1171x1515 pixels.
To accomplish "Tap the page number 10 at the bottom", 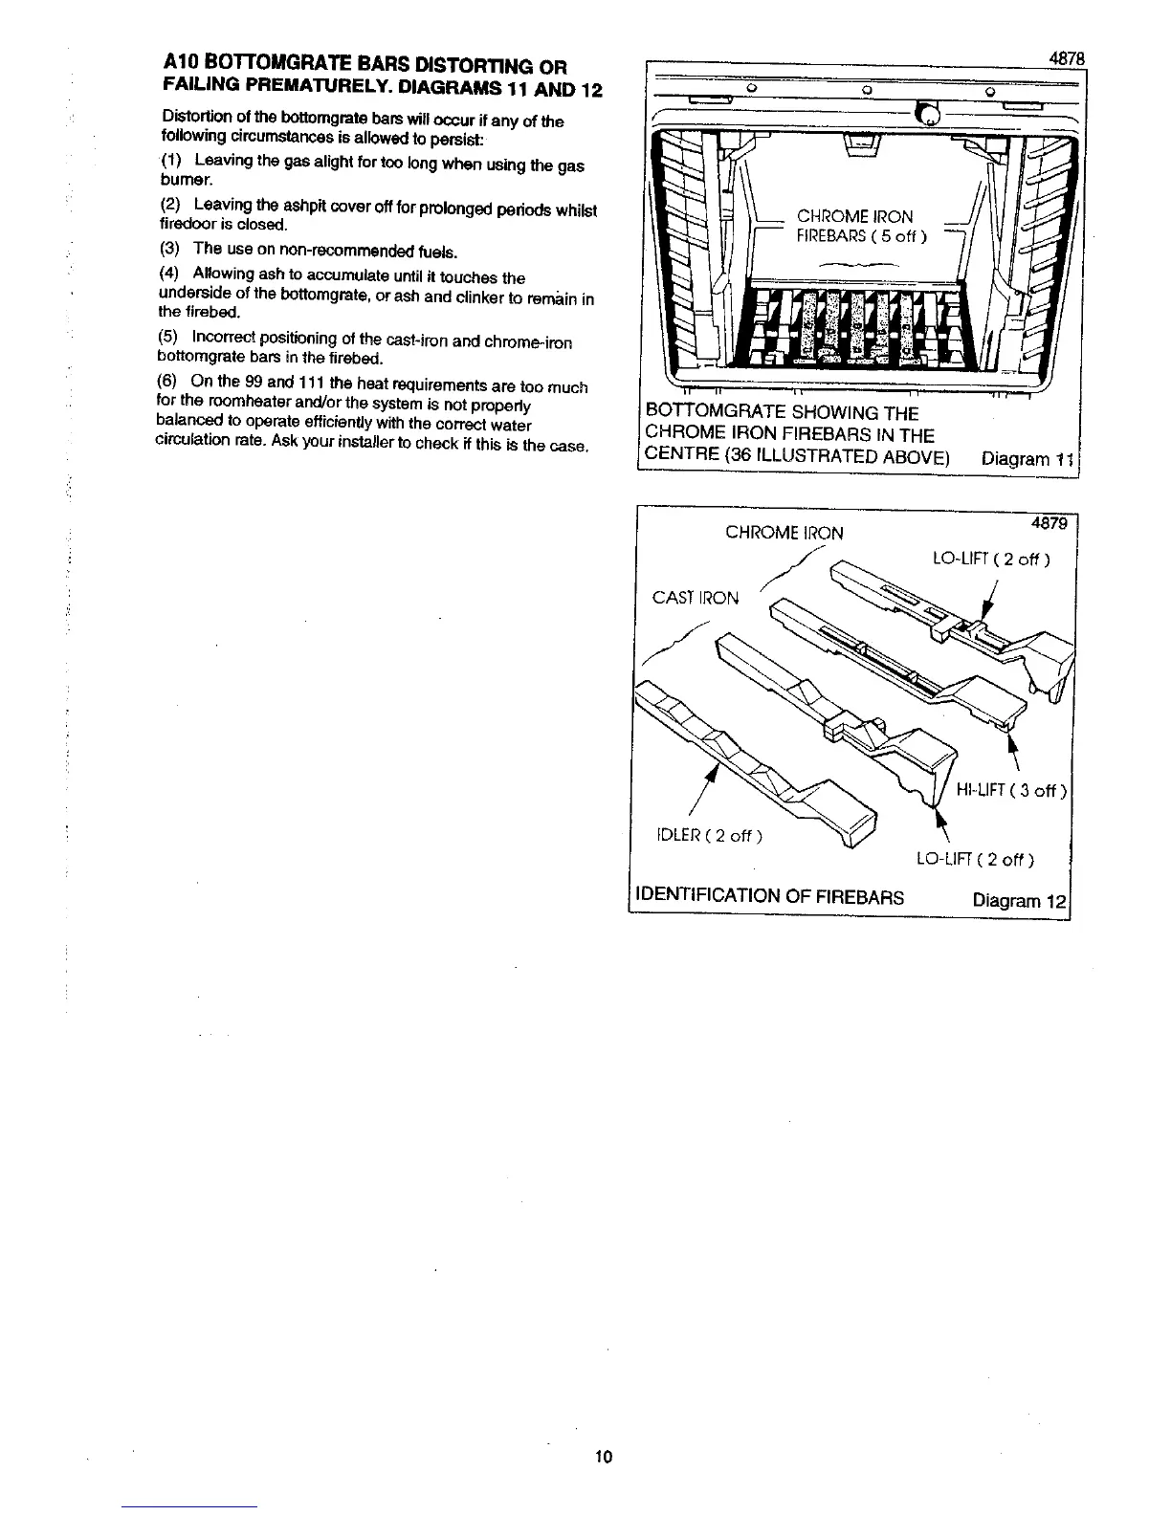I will click(603, 1457).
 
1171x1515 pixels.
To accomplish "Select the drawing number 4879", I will click(1049, 524).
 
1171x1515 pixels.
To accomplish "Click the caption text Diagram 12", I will click(1018, 900).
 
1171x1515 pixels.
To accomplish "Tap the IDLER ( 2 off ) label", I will click(708, 836).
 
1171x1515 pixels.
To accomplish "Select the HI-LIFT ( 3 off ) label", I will click(1011, 790).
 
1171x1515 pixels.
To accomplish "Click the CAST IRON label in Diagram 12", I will click(695, 599).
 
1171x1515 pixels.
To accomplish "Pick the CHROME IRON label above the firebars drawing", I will click(784, 533).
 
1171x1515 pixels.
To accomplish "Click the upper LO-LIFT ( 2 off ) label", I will click(990, 560).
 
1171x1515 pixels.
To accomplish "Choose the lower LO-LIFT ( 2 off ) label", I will click(975, 859).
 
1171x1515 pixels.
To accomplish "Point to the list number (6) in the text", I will click(167, 381).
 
